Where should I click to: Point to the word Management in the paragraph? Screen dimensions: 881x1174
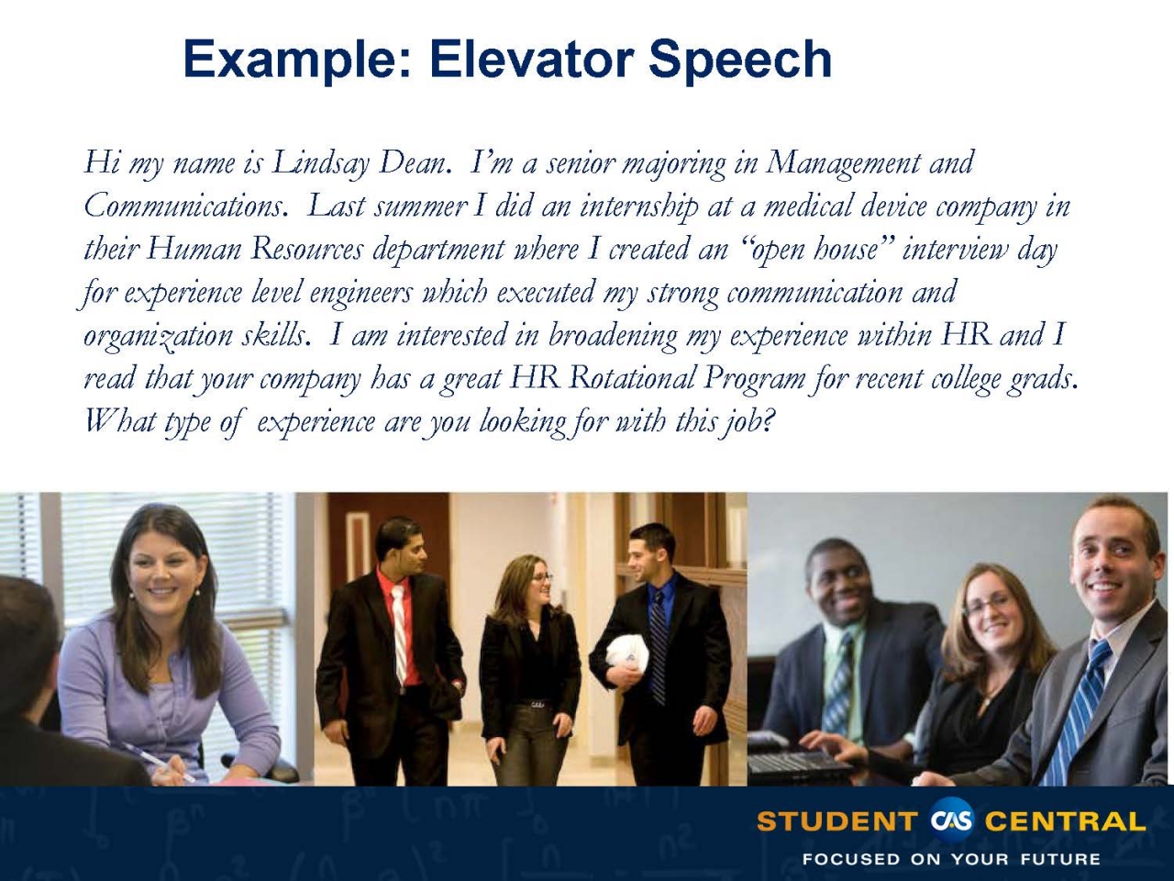tap(844, 164)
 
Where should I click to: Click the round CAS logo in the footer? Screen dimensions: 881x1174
tap(951, 820)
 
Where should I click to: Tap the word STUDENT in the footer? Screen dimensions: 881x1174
tap(836, 821)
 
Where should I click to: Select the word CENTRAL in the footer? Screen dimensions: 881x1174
tap(1065, 821)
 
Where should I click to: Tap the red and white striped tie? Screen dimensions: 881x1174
tap(399, 633)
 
